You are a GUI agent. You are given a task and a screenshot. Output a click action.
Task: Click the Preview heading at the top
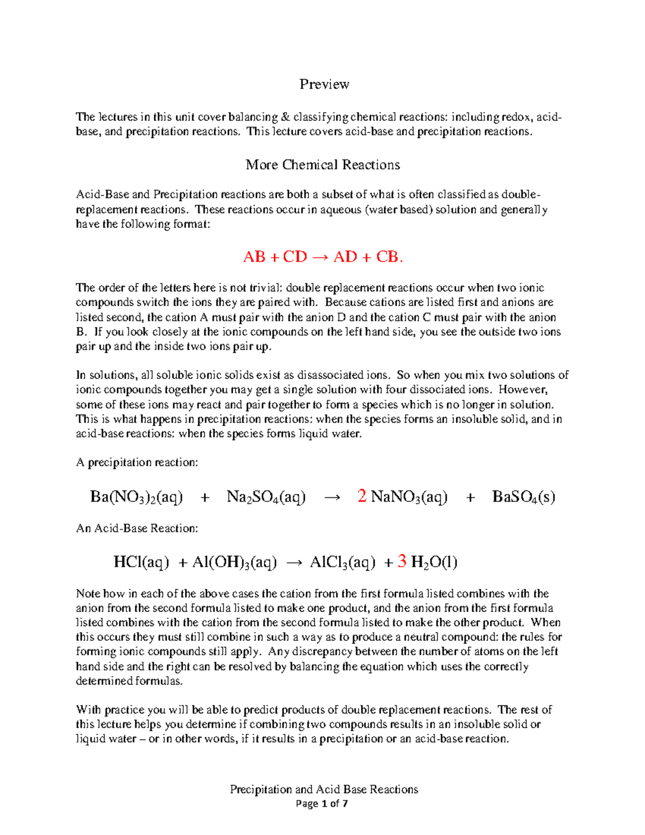click(324, 84)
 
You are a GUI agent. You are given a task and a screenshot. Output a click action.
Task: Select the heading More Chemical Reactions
click(322, 165)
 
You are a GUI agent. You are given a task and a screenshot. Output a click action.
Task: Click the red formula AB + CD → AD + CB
click(322, 257)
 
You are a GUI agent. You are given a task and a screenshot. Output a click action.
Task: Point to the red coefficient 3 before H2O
click(402, 562)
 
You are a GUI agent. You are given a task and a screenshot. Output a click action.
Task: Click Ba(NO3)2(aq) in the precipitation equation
click(137, 497)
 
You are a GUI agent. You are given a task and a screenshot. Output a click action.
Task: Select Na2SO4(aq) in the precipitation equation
click(266, 497)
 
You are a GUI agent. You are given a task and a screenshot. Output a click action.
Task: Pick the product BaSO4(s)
click(524, 497)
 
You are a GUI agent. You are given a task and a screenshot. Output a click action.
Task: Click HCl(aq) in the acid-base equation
click(141, 563)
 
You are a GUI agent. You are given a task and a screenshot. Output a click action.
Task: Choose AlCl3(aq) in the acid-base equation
click(342, 563)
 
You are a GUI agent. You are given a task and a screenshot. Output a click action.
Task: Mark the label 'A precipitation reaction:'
click(137, 462)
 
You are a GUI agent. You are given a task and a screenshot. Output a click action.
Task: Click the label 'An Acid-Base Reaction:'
click(137, 529)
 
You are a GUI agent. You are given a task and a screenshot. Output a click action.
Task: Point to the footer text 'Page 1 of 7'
click(322, 804)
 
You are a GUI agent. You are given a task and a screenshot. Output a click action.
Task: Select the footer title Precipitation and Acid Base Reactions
click(324, 789)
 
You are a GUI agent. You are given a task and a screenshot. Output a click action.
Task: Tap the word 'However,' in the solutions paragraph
click(527, 390)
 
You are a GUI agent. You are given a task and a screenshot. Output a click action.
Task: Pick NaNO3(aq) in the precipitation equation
click(409, 497)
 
